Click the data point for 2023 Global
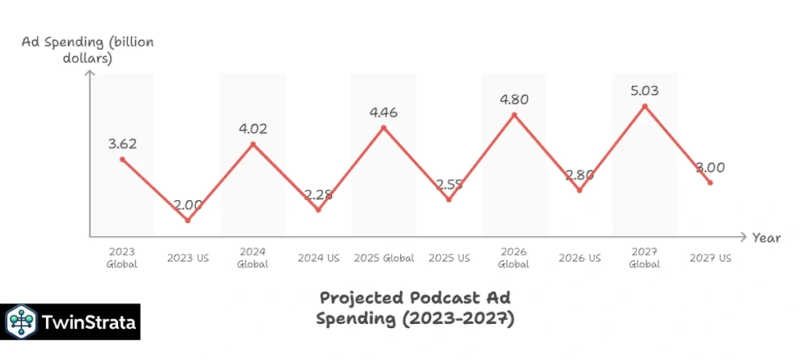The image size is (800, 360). point(122,159)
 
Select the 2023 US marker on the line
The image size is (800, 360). point(187,220)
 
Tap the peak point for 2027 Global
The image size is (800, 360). point(645,105)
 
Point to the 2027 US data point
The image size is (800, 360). point(709,183)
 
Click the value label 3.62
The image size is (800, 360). point(122,143)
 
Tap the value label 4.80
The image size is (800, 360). point(514,99)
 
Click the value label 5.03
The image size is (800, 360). point(645,91)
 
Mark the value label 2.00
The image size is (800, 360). point(187,205)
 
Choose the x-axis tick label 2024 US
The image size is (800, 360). point(318,258)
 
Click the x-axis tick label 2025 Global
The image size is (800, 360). point(384,258)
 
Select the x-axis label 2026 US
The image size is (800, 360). point(580,258)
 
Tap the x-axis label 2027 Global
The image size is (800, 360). point(645,258)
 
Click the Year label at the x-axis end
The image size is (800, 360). point(766,238)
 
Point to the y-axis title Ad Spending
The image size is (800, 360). point(87,49)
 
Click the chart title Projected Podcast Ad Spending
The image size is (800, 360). point(418,308)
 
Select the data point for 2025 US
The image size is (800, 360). point(448,200)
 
